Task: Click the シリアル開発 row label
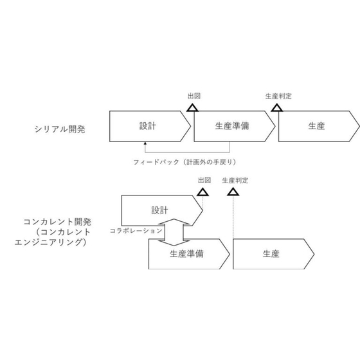coord(60,129)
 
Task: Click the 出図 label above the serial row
coord(194,96)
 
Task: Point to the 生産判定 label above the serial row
coord(278,96)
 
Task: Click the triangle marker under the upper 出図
coord(192,108)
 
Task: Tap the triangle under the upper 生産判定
coord(277,108)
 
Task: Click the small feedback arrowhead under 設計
coord(145,143)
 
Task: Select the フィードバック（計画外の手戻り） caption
coord(185,162)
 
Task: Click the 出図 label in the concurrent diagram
coord(204,180)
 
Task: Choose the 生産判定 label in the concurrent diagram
coord(235,181)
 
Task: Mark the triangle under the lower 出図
coord(203,192)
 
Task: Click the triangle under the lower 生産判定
coord(233,192)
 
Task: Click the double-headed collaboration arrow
coord(174,232)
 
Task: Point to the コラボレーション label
coord(136,231)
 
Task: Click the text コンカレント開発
coord(57,222)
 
